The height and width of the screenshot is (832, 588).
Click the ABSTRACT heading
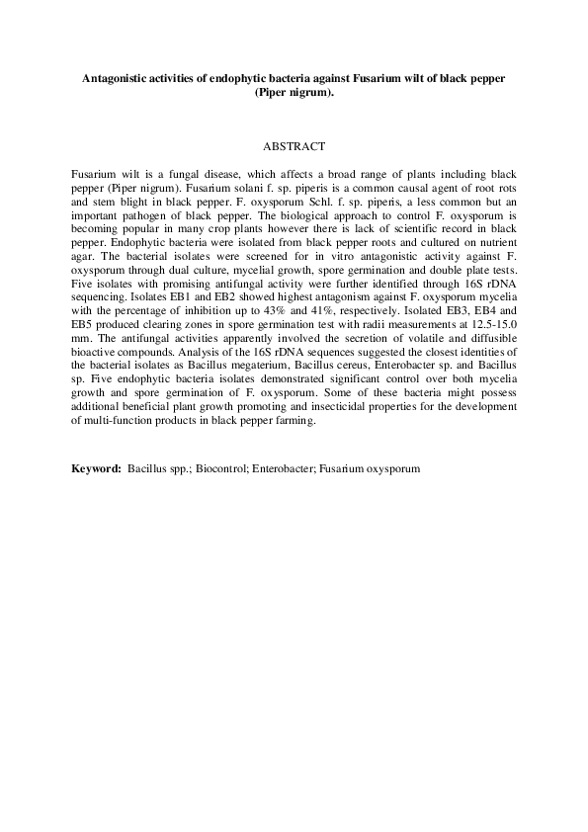[294, 146]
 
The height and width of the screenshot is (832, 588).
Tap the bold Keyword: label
[97, 467]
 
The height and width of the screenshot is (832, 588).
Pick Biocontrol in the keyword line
[218, 467]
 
